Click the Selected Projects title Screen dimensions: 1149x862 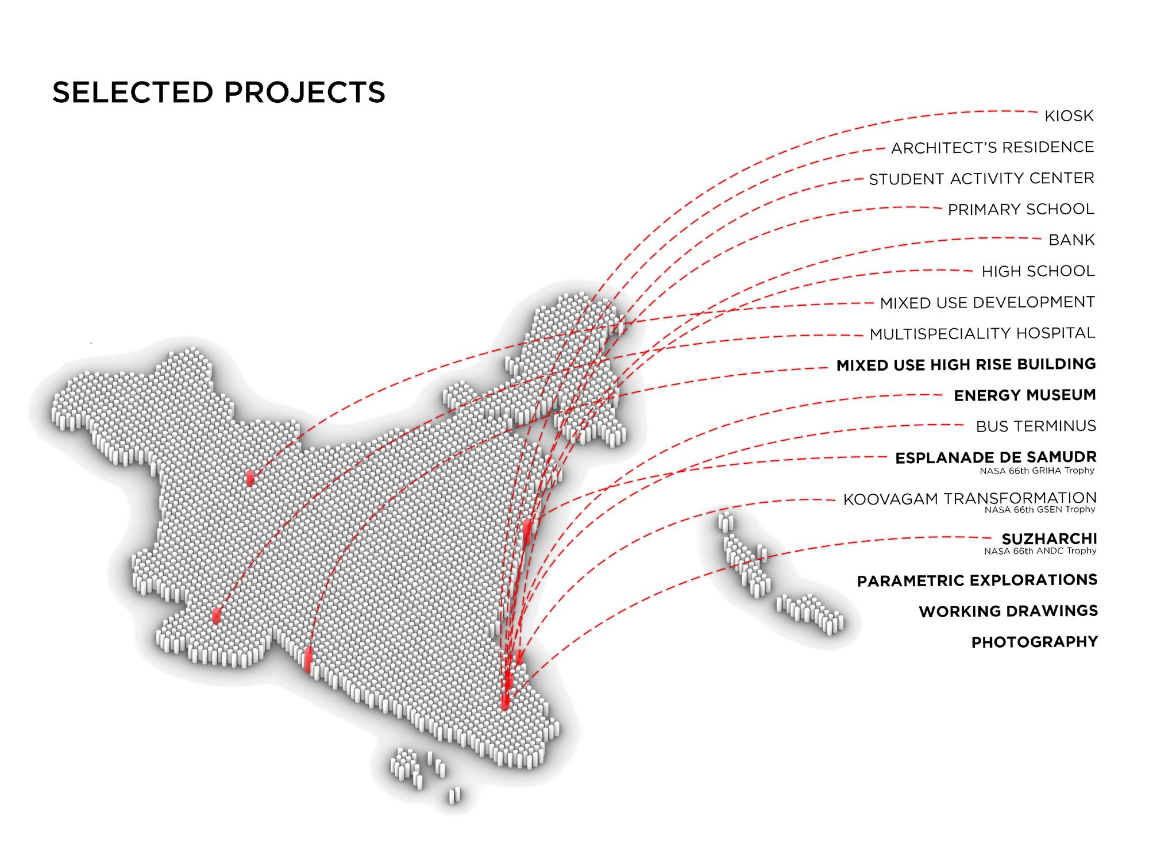click(218, 93)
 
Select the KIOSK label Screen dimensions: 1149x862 click(1069, 116)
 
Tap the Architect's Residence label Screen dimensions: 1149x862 click(992, 148)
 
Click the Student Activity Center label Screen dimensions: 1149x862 click(981, 179)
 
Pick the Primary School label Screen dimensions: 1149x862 click(1021, 210)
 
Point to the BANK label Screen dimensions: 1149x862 click(1071, 240)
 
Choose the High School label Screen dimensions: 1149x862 click(1038, 271)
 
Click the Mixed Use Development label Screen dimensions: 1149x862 click(987, 302)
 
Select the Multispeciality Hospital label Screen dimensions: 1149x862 click(982, 333)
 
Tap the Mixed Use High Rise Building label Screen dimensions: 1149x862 click(966, 365)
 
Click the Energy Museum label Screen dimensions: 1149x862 click(1024, 395)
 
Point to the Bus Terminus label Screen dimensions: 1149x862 click(1036, 426)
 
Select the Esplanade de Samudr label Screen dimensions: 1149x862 click(996, 457)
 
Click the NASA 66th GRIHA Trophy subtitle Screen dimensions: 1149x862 click(1037, 471)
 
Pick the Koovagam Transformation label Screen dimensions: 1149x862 click(969, 498)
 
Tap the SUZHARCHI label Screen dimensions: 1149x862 click(1049, 539)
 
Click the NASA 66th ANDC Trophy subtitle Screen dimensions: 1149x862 click(1040, 551)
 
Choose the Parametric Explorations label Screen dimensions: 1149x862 click(977, 580)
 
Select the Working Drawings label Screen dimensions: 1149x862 click(1008, 611)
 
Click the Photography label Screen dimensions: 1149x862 click(1034, 642)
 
